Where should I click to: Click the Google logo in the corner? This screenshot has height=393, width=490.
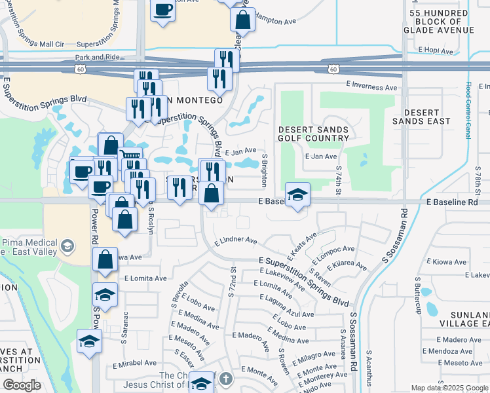tap(22, 385)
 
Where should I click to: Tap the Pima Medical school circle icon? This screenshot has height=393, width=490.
tap(66, 246)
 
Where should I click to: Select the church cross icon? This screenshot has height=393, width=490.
tap(225, 379)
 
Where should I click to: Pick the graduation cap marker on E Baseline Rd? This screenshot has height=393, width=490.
tap(297, 195)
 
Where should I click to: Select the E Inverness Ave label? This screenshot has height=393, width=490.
tap(372, 86)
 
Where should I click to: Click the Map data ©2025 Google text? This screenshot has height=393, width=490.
tap(449, 388)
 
